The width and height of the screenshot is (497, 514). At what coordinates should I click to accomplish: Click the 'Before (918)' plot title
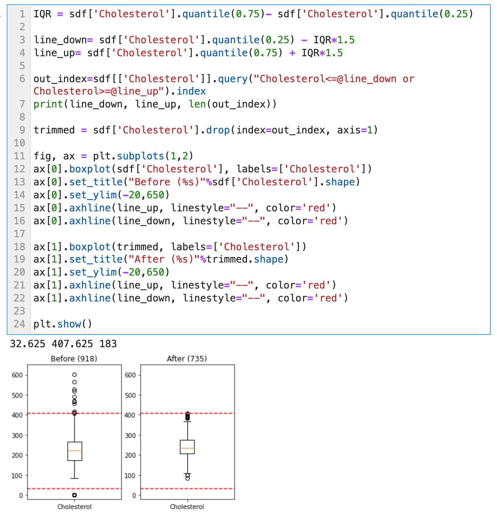(x=74, y=359)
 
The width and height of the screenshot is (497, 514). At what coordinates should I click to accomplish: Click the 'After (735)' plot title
(x=187, y=359)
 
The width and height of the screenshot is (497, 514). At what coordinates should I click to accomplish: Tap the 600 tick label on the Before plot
(x=17, y=375)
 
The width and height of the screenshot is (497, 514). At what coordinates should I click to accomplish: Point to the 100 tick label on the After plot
(x=130, y=476)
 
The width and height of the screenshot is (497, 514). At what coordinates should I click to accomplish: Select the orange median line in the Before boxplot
(x=74, y=451)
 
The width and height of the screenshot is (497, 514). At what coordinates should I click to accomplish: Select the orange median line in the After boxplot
(x=187, y=448)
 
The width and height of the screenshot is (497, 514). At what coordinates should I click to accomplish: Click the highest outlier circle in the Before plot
(x=74, y=375)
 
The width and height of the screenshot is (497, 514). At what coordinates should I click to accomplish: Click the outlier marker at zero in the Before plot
(x=74, y=495)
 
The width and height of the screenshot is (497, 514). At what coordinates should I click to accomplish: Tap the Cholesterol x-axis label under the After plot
(x=187, y=507)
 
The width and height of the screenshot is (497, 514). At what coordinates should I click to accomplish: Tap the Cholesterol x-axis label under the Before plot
(x=74, y=507)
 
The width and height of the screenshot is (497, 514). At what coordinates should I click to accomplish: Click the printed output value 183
(x=108, y=344)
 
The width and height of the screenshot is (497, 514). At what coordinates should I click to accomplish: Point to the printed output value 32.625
(x=28, y=344)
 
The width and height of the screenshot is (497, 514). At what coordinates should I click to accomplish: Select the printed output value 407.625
(x=72, y=344)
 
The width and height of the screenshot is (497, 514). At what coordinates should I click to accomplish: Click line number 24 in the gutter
(x=19, y=324)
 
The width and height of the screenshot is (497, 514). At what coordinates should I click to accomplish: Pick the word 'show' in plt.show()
(x=69, y=324)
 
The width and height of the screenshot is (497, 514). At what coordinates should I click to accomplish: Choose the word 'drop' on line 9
(x=218, y=130)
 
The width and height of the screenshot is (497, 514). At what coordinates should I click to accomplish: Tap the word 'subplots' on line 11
(x=140, y=156)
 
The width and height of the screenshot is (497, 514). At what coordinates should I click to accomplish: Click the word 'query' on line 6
(x=233, y=79)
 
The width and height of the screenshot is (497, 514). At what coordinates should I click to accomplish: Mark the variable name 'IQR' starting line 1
(x=42, y=14)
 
